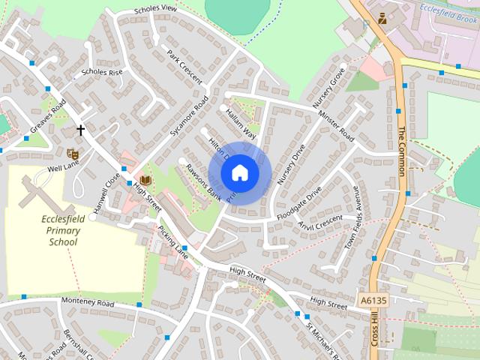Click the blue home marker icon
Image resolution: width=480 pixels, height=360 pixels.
coord(239,172)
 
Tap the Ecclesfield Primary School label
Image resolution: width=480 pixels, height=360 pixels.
coord(63,230)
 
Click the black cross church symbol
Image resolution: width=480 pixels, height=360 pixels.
coord(80,130)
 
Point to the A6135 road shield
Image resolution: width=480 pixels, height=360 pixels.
coord(373,300)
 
